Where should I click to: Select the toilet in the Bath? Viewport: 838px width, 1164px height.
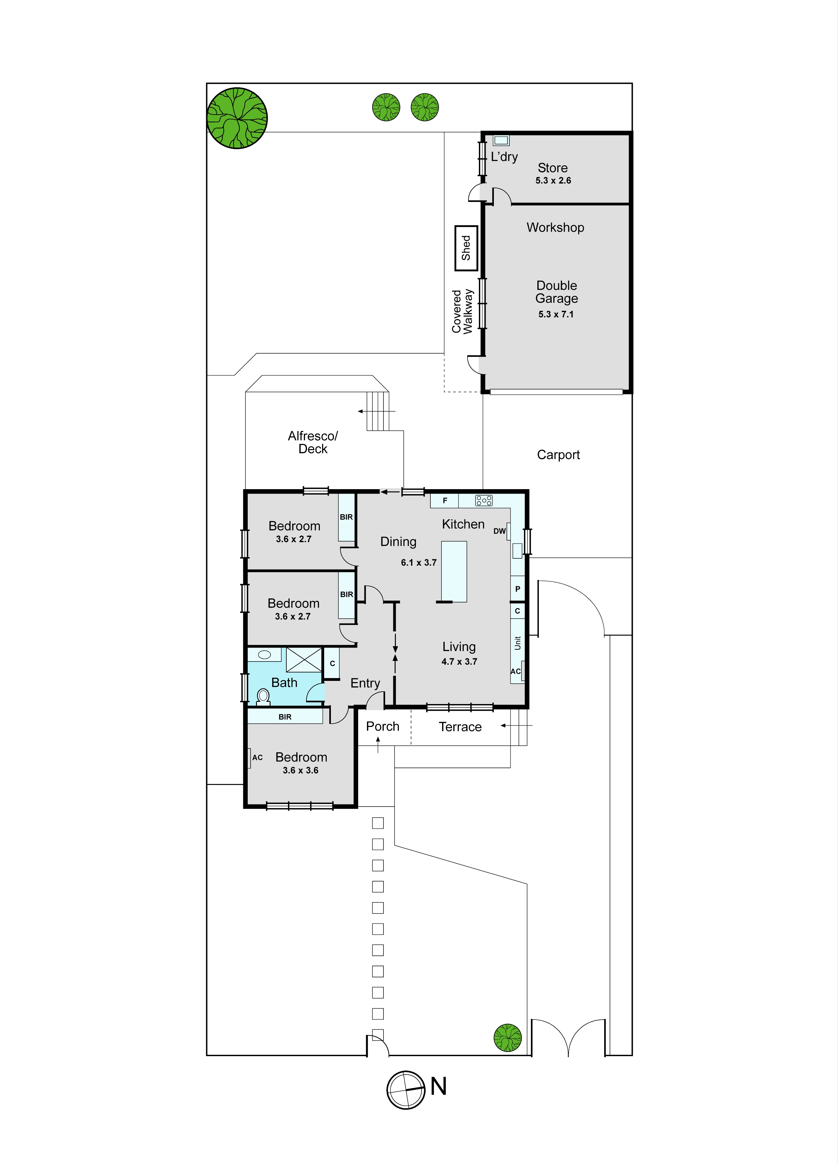pyautogui.click(x=263, y=697)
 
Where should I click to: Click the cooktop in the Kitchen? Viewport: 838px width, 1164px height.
pyautogui.click(x=484, y=500)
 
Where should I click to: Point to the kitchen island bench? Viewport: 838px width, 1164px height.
pyautogui.click(x=454, y=571)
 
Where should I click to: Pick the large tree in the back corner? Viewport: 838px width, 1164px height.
pyautogui.click(x=237, y=118)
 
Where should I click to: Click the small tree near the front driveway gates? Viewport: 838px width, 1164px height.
pyautogui.click(x=508, y=1038)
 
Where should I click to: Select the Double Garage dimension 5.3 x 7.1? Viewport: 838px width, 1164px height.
pyautogui.click(x=556, y=314)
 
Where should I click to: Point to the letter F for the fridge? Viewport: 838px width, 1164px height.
pyautogui.click(x=445, y=500)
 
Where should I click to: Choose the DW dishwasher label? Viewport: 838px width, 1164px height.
pyautogui.click(x=500, y=531)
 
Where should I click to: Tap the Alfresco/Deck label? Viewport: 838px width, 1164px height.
pyautogui.click(x=313, y=442)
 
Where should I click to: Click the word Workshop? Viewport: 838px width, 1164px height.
pyautogui.click(x=555, y=227)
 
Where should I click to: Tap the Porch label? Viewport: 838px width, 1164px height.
pyautogui.click(x=383, y=726)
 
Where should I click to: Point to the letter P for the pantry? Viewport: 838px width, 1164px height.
pyautogui.click(x=517, y=589)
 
